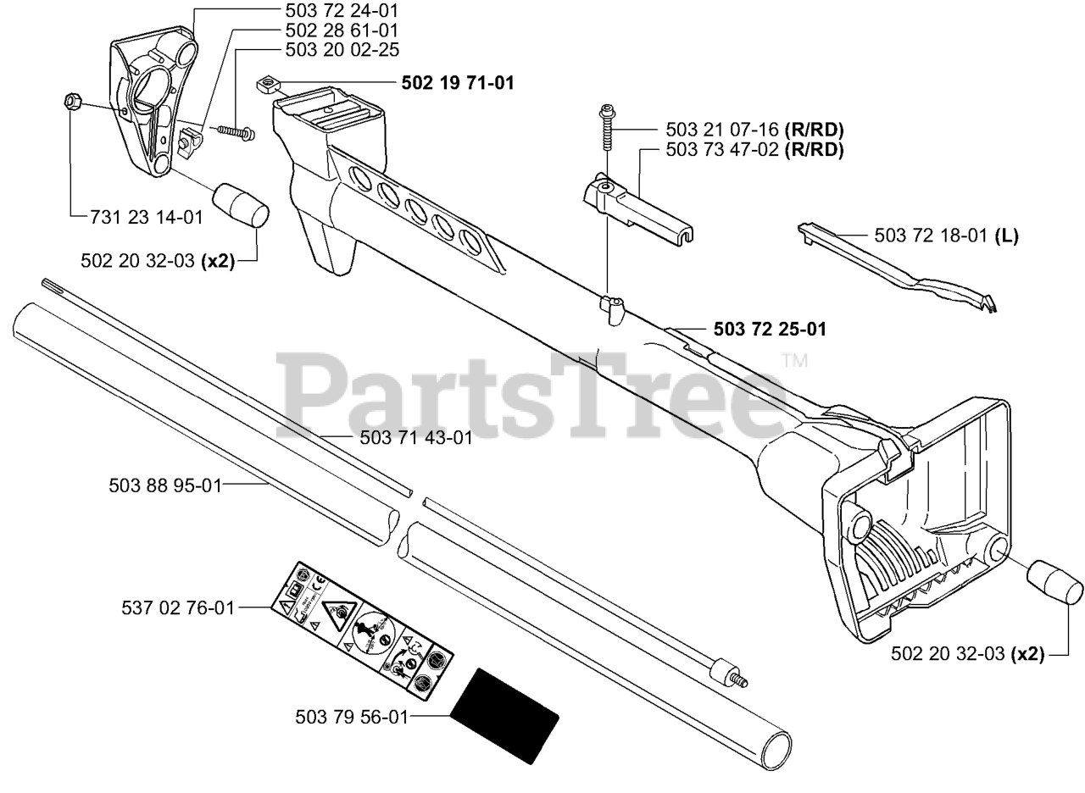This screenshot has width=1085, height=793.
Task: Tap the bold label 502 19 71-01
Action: pos(457,83)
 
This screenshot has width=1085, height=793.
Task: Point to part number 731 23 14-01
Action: pos(146,217)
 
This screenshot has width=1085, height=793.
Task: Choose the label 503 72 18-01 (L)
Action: pos(946,236)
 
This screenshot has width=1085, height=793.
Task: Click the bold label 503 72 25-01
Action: pos(770,329)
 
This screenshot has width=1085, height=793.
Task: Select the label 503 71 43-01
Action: pos(416,437)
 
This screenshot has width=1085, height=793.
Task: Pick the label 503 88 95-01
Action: pos(164,485)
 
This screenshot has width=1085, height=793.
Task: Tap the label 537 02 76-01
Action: pos(178,607)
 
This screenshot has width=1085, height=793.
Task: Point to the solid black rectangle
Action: pos(504,716)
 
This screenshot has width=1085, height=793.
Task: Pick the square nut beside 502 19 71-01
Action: pos(269,82)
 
